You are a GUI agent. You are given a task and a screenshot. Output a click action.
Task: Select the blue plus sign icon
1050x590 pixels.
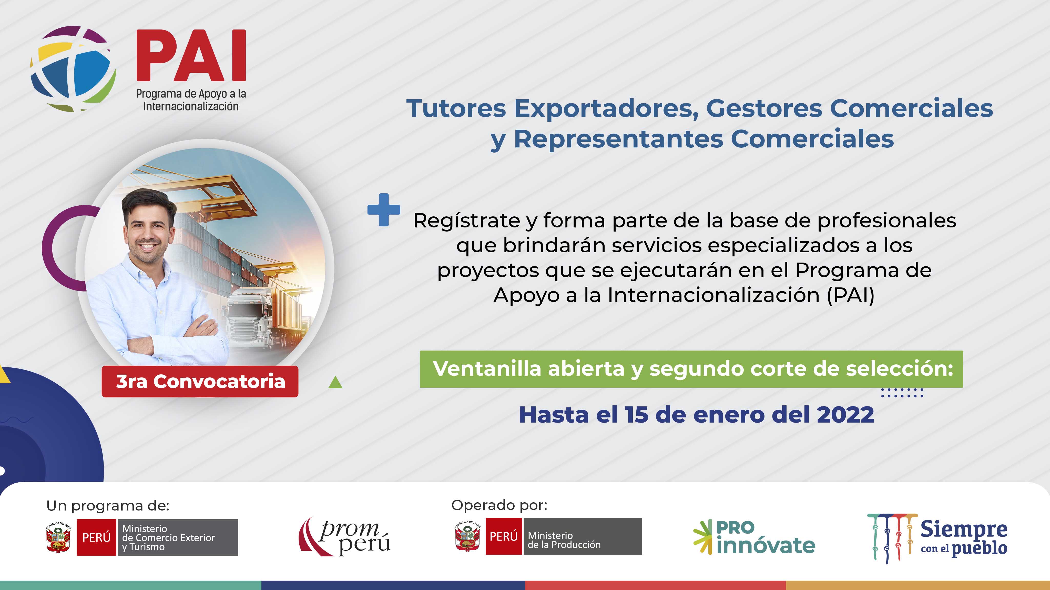tap(384, 209)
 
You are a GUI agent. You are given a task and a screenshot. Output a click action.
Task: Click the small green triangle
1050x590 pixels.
tap(335, 383)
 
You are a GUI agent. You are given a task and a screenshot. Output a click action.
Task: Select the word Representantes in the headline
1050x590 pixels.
tap(618, 139)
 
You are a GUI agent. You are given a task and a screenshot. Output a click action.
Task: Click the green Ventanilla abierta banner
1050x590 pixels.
tap(691, 369)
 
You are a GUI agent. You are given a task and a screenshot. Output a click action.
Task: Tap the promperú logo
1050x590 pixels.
tap(344, 537)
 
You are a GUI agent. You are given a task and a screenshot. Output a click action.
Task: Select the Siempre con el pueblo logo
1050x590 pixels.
tap(937, 538)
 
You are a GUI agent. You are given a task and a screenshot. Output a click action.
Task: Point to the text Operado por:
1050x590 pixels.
tap(499, 506)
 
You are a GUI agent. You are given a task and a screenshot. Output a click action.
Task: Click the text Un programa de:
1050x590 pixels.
tap(108, 506)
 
